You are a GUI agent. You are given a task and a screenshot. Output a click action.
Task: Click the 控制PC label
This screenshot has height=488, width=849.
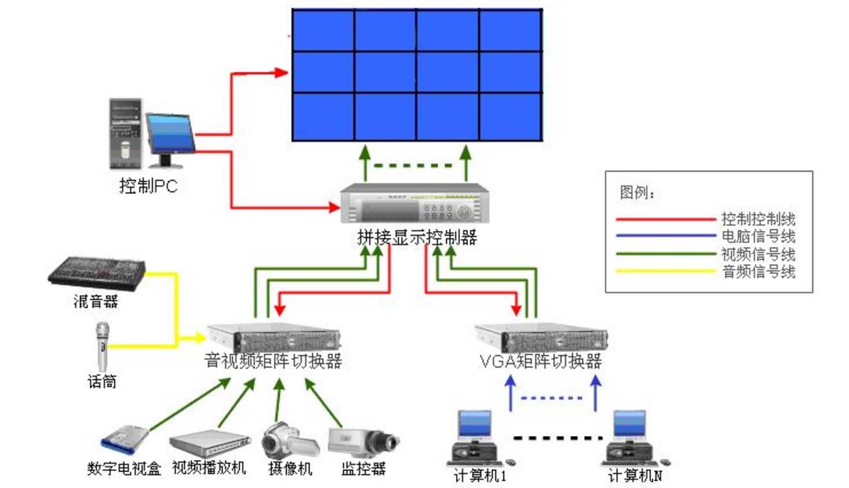point(148,186)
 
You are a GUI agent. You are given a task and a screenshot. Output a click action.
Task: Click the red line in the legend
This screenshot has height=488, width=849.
point(665,219)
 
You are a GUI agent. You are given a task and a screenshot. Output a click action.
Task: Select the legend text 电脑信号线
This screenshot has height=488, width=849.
point(758,237)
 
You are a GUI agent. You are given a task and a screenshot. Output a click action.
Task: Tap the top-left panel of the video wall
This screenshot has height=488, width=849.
point(322,30)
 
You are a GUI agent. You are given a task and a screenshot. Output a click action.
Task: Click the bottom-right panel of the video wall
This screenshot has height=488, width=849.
point(511,116)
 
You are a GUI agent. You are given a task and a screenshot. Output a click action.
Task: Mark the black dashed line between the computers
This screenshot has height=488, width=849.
point(557,438)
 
